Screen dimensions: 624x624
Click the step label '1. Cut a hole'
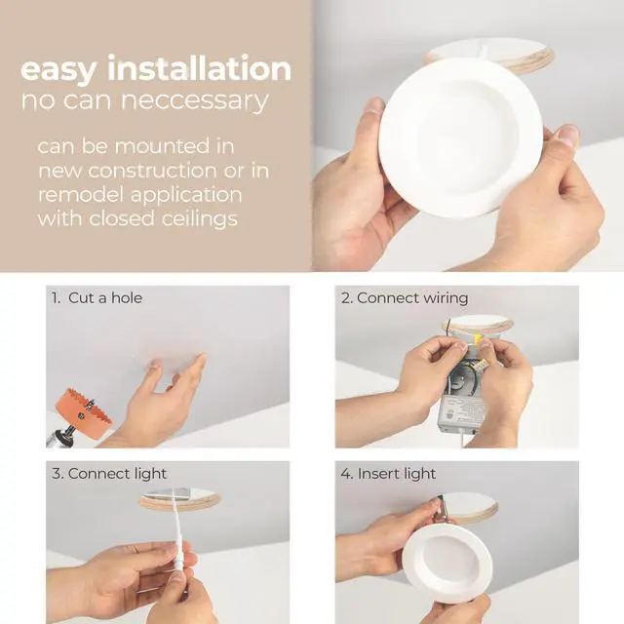click(x=97, y=298)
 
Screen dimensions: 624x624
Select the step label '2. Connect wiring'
click(x=405, y=298)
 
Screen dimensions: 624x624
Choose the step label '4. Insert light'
click(x=388, y=474)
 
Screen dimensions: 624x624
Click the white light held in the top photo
click(x=460, y=136)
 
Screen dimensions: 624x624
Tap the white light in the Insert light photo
click(x=448, y=561)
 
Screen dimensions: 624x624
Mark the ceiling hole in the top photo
click(x=490, y=53)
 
